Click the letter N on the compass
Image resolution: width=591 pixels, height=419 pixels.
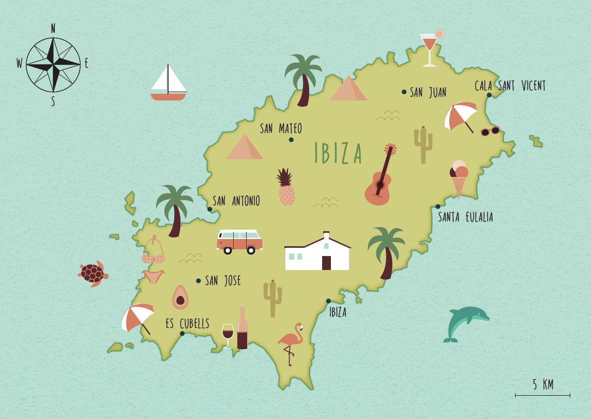tap(53, 28)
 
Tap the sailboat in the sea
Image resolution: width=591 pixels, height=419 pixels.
tap(168, 84)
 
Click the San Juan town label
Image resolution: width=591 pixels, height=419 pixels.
tap(428, 93)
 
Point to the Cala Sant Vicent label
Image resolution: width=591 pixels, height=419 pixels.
tap(510, 86)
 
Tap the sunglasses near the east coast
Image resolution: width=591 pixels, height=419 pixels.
tap(490, 131)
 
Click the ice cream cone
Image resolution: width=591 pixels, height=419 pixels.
tap(459, 178)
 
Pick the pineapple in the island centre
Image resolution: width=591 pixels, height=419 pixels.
tap(286, 188)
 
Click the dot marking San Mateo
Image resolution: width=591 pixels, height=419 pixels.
tap(291, 140)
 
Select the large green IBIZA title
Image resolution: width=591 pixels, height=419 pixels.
tap(338, 154)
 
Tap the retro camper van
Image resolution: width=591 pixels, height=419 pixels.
tap(239, 241)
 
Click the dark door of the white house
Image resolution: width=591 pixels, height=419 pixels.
tap(326, 263)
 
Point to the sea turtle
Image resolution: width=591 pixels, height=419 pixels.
tap(93, 273)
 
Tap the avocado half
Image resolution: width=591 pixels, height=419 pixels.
tap(180, 297)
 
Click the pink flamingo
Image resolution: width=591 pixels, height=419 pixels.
tap(291, 341)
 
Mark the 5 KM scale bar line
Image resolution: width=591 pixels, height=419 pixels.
tap(542, 395)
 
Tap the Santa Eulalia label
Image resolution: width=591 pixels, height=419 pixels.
tap(465, 217)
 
